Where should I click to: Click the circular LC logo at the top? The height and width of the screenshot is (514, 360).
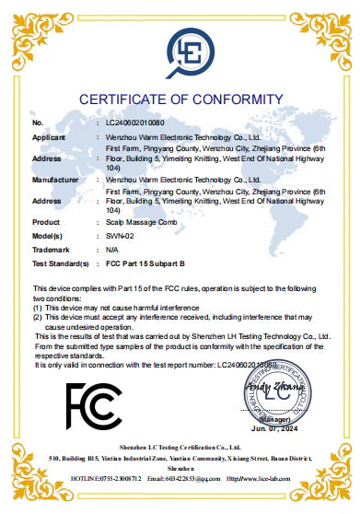pyautogui.click(x=180, y=50)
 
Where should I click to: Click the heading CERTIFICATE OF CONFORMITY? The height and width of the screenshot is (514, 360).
pyautogui.click(x=180, y=99)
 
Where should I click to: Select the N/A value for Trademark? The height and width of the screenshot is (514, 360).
pyautogui.click(x=101, y=250)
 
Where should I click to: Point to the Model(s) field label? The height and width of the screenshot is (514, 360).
pyautogui.click(x=47, y=236)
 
